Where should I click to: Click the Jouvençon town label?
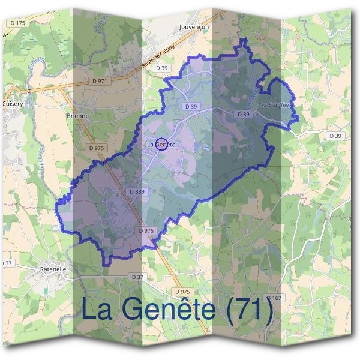[x=193, y=27]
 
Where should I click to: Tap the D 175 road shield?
[x=18, y=22]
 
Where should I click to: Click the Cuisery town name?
[x=12, y=103]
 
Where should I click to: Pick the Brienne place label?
[x=78, y=115]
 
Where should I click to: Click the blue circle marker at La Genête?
[x=161, y=143]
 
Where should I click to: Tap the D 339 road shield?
[x=137, y=191]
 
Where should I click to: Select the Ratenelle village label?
[x=53, y=269]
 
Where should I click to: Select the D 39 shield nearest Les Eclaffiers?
[x=243, y=114]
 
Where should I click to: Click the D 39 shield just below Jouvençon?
[x=162, y=68]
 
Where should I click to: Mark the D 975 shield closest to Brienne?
[x=96, y=147]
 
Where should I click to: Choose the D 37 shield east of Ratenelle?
[x=137, y=277]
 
